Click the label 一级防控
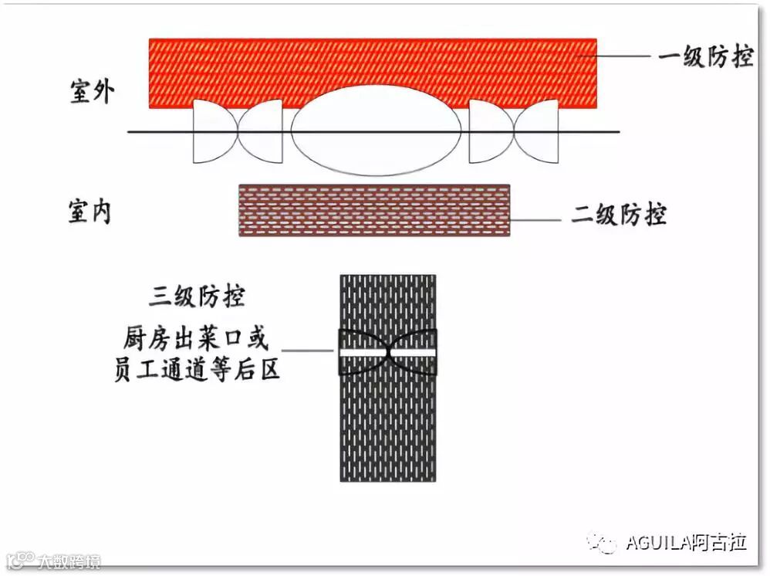705,56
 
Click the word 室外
92,92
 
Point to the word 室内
91,212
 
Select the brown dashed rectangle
374,210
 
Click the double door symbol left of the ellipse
238,132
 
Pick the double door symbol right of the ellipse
514,132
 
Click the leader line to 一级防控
626,56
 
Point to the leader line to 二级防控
535,220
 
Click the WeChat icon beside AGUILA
603,542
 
